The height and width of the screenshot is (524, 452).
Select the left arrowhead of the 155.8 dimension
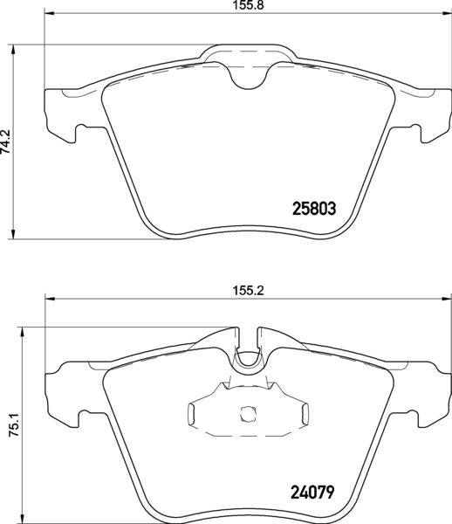click(x=48, y=15)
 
